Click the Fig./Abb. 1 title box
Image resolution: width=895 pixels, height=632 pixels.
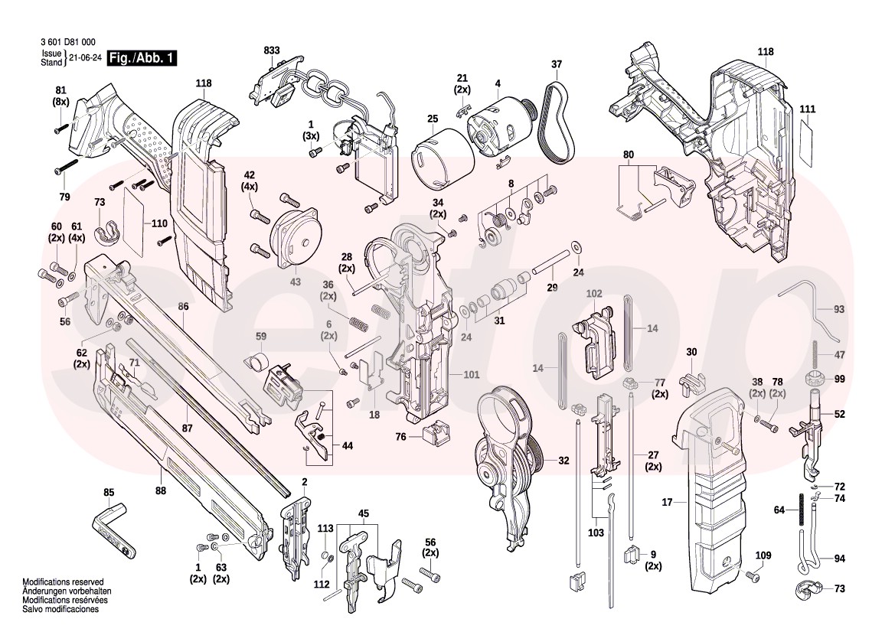tap(142, 58)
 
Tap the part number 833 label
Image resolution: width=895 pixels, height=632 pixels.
tap(272, 50)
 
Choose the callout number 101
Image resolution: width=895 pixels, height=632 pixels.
tap(471, 375)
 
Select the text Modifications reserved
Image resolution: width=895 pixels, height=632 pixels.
tap(63, 582)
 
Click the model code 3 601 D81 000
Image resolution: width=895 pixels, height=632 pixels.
tap(68, 43)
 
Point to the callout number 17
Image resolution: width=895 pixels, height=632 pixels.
tap(667, 502)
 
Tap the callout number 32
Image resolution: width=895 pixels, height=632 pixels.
tap(563, 461)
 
